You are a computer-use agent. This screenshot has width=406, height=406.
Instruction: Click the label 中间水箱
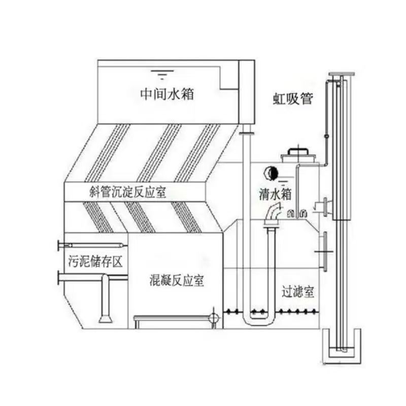[167, 94]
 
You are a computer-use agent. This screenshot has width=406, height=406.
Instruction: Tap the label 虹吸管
[293, 98]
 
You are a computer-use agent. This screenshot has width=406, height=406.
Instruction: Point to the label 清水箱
[275, 194]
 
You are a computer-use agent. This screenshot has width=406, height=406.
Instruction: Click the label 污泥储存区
[95, 261]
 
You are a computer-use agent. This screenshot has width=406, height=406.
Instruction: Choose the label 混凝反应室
[177, 281]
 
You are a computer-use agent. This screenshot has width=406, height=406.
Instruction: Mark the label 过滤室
[298, 292]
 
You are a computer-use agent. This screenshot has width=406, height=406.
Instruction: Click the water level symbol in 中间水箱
[162, 74]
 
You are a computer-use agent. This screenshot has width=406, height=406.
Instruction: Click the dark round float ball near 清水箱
[270, 173]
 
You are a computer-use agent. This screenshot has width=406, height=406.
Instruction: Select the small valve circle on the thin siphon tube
[326, 136]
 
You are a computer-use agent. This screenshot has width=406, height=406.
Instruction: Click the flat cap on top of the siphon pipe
[342, 74]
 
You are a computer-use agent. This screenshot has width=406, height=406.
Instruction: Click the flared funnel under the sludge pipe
[106, 319]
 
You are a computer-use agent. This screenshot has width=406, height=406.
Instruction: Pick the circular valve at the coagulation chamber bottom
[214, 318]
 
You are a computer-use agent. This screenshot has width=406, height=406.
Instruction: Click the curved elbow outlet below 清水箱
[273, 212]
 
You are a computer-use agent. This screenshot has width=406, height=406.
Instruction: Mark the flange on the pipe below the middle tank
[247, 133]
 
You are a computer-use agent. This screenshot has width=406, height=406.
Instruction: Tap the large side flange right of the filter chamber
[325, 251]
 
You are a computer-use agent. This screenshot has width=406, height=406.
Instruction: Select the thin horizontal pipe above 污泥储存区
[93, 245]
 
